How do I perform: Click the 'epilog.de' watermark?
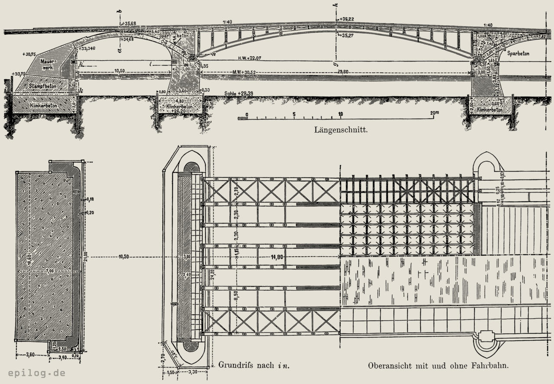pyautogui.click(x=36, y=373)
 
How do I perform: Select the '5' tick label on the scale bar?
pyautogui.click(x=294, y=114)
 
